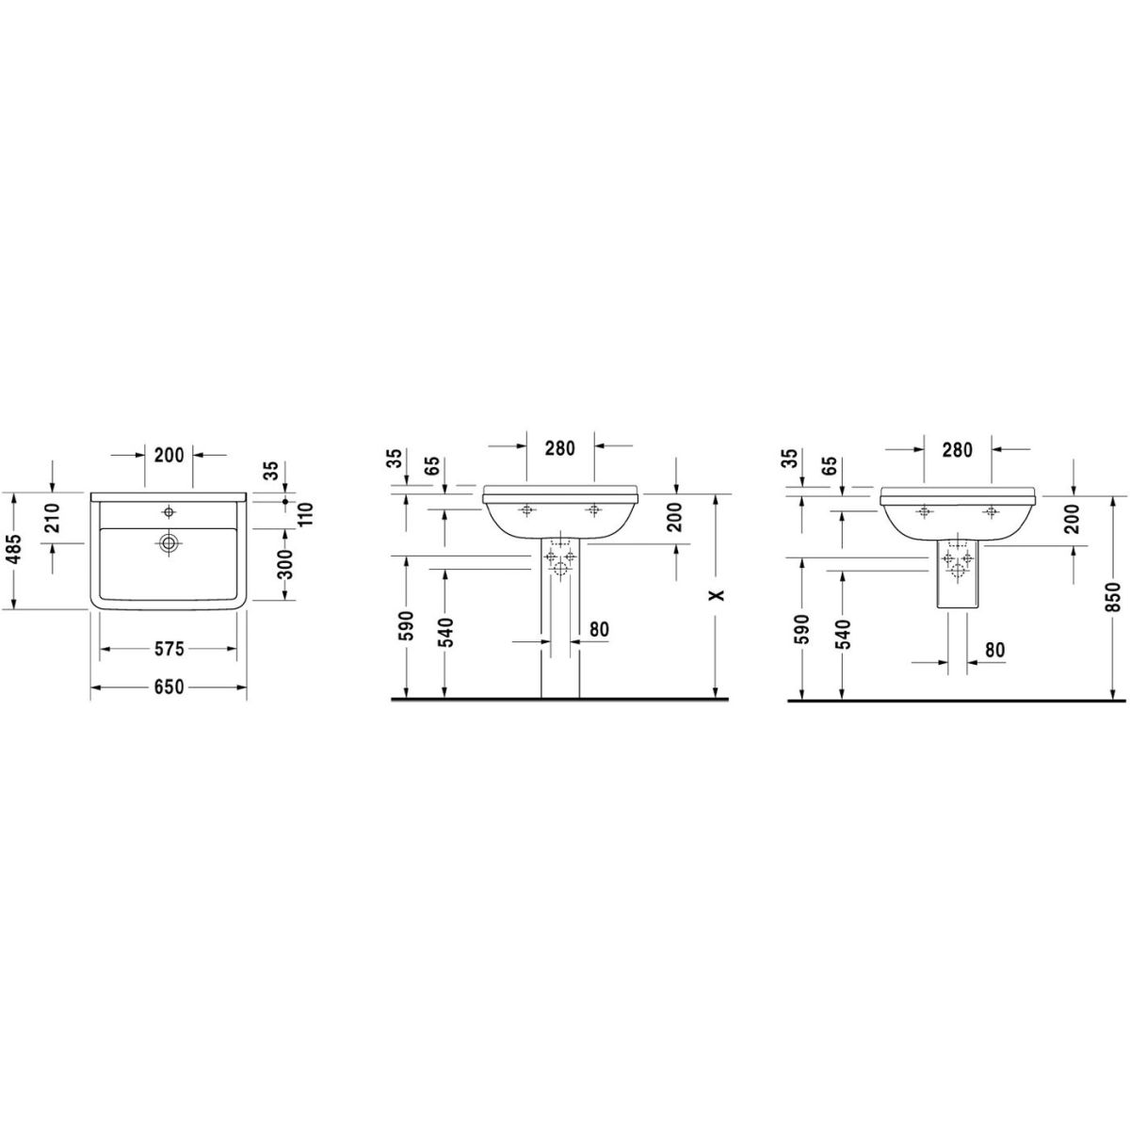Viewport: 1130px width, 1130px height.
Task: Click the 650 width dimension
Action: pyautogui.click(x=169, y=686)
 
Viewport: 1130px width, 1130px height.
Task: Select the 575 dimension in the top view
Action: pyautogui.click(x=169, y=649)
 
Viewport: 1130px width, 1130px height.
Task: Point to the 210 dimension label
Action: pyautogui.click(x=54, y=517)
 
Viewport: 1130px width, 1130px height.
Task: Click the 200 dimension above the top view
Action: pyautogui.click(x=169, y=455)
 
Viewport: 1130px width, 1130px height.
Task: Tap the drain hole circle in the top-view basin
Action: pyautogui.click(x=169, y=542)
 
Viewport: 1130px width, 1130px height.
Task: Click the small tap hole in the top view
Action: pyautogui.click(x=169, y=512)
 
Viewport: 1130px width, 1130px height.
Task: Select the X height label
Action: pyautogui.click(x=717, y=595)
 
